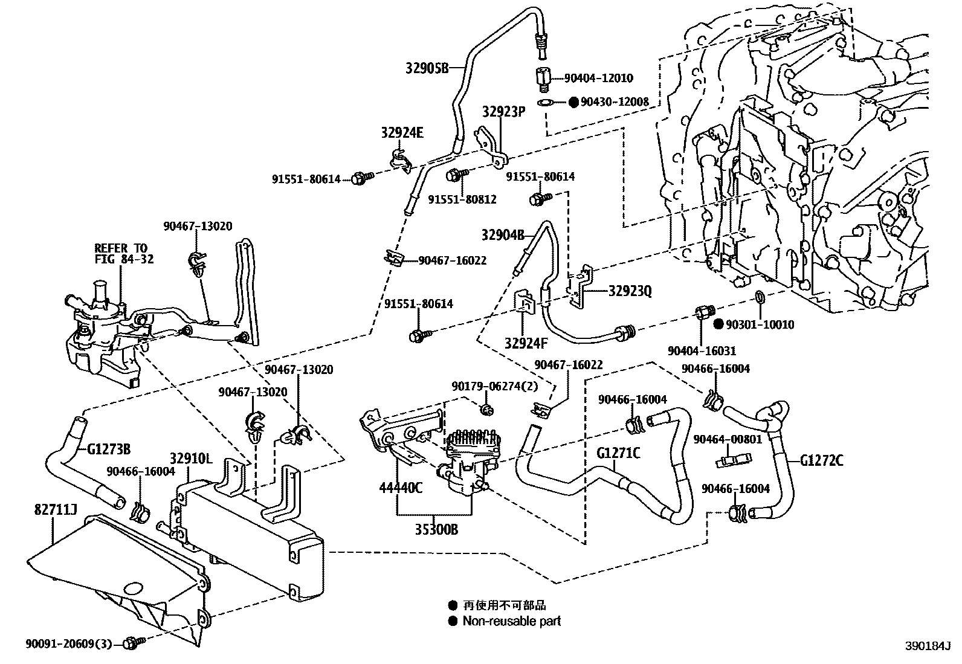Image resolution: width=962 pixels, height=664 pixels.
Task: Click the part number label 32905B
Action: point(427,68)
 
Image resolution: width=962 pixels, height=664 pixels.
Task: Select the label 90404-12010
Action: point(598,79)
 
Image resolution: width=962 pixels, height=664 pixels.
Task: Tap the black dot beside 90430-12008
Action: point(573,102)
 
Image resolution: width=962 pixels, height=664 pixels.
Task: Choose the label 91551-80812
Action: point(462,199)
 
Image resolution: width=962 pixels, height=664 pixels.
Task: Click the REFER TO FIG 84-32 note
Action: point(124,253)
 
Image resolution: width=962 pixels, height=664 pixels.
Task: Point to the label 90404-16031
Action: point(702,351)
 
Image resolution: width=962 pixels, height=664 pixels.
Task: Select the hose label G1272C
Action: point(821,461)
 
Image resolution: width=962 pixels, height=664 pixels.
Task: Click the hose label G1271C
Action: point(618,452)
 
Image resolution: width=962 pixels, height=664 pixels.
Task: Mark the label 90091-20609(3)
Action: point(69,644)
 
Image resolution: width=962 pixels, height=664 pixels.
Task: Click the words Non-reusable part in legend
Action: point(511,621)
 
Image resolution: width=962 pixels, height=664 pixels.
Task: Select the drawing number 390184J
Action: point(928,646)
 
